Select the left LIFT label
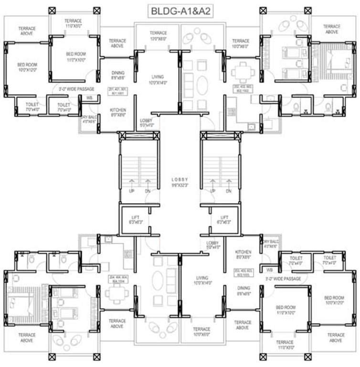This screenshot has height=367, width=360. click(x=134, y=219)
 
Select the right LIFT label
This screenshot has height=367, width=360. click(x=223, y=219)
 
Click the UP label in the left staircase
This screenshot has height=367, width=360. click(x=131, y=192)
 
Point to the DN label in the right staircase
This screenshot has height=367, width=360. click(x=228, y=192)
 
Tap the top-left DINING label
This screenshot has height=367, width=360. click(x=118, y=75)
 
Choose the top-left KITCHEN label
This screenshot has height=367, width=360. click(x=118, y=112)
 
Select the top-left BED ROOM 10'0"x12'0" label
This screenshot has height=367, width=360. click(x=27, y=67)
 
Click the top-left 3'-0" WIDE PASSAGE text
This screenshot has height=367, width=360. click(x=76, y=89)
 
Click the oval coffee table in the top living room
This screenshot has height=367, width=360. click(x=201, y=88)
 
